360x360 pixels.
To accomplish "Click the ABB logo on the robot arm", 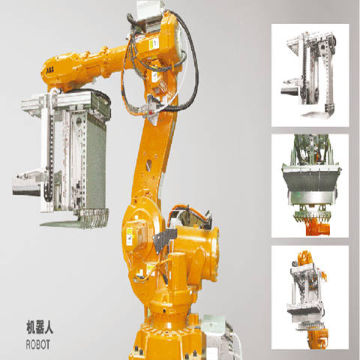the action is click(50, 70).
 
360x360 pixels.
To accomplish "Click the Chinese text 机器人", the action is click(40, 327).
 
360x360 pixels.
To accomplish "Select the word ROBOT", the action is click(38, 344).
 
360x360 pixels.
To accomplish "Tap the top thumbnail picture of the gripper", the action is click(310, 75).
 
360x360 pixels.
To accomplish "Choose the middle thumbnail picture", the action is click(310, 186).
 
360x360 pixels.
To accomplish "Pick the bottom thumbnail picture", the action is click(310, 297).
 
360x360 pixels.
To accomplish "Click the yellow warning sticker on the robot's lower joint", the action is click(130, 236).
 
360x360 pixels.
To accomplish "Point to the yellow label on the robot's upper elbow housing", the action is click(154, 44).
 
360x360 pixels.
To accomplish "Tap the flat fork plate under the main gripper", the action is click(62, 223).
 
